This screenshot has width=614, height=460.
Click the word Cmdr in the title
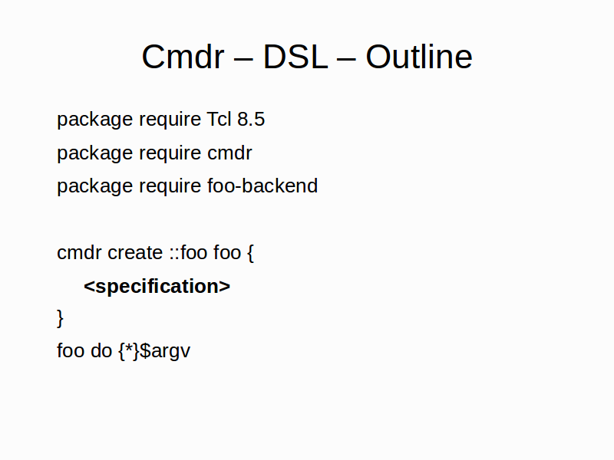click(x=183, y=57)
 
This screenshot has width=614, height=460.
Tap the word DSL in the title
click(x=295, y=57)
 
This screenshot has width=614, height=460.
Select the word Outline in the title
click(x=419, y=57)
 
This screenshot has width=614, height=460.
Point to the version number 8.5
click(x=251, y=120)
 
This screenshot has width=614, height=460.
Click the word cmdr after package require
click(x=229, y=153)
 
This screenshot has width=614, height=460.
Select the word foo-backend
click(x=262, y=186)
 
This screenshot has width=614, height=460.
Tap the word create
click(x=135, y=253)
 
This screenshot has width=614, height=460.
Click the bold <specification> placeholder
click(x=157, y=287)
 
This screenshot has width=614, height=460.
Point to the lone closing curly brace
click(x=60, y=318)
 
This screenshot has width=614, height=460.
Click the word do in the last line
click(x=101, y=350)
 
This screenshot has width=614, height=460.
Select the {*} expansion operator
click(x=129, y=351)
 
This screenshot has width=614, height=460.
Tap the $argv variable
click(x=165, y=351)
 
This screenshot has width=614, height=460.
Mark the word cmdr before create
click(x=79, y=253)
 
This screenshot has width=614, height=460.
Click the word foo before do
click(x=71, y=350)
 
